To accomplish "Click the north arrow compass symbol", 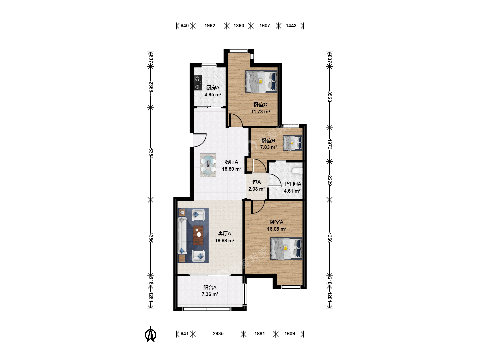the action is point(150,334).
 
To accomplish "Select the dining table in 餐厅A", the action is point(208,165).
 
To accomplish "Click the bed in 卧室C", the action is point(261,82).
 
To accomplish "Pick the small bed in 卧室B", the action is point(293,143).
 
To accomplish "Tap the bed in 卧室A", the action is point(286,249).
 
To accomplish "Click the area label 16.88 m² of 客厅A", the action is point(225,241).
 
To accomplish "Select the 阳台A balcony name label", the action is point(210,287).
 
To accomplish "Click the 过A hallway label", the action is point(257,182).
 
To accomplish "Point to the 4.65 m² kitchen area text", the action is point(213,95).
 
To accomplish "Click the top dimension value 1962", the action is point(210,26).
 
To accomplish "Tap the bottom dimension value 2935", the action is point(218,334).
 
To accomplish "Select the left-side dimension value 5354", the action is point(151,153).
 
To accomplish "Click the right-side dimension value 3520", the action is point(330,97).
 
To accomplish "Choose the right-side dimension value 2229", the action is point(330,181).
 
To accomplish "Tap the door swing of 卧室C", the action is point(236,120).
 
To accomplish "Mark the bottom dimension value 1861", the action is point(260,334).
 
